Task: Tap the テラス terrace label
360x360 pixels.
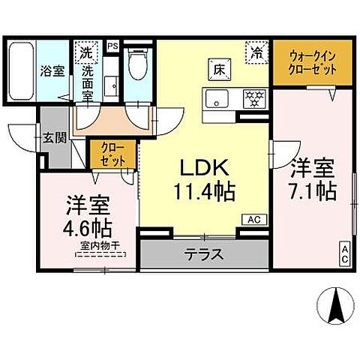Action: [x=204, y=254]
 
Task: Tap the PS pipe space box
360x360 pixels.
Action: [x=113, y=46]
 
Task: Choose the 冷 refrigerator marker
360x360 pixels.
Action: [x=256, y=53]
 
